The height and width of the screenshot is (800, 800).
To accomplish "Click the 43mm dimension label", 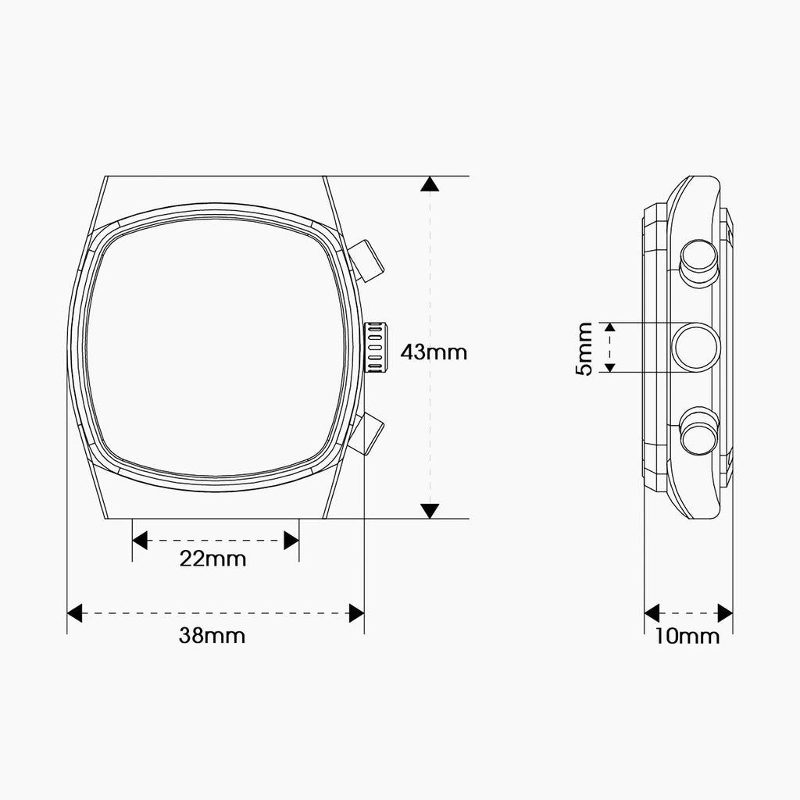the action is pyautogui.click(x=434, y=352).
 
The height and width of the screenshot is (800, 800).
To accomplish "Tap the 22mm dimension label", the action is pyautogui.click(x=212, y=559).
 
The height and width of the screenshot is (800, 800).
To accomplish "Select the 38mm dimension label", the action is pyautogui.click(x=212, y=636).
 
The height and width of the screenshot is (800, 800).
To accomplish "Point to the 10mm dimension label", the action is pyautogui.click(x=687, y=636).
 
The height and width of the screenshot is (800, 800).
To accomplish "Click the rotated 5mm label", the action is pyautogui.click(x=584, y=348).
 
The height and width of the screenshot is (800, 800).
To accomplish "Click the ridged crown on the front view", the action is pyautogui.click(x=375, y=347).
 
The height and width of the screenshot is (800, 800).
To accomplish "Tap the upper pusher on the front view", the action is pyautogui.click(x=366, y=261).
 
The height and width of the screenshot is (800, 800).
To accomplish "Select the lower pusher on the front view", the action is pyautogui.click(x=366, y=434).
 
